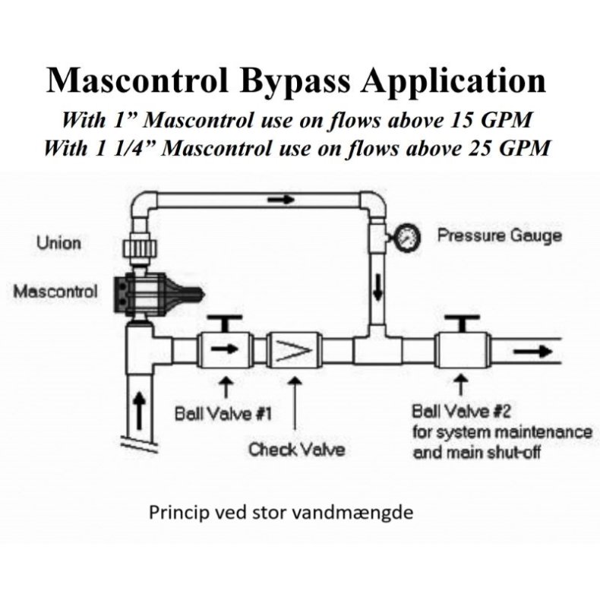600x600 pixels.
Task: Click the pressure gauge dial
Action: click(x=406, y=237)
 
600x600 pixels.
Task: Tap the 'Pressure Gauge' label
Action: click(x=499, y=235)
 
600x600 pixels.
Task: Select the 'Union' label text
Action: click(x=58, y=244)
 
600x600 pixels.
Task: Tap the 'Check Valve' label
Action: click(x=297, y=449)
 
